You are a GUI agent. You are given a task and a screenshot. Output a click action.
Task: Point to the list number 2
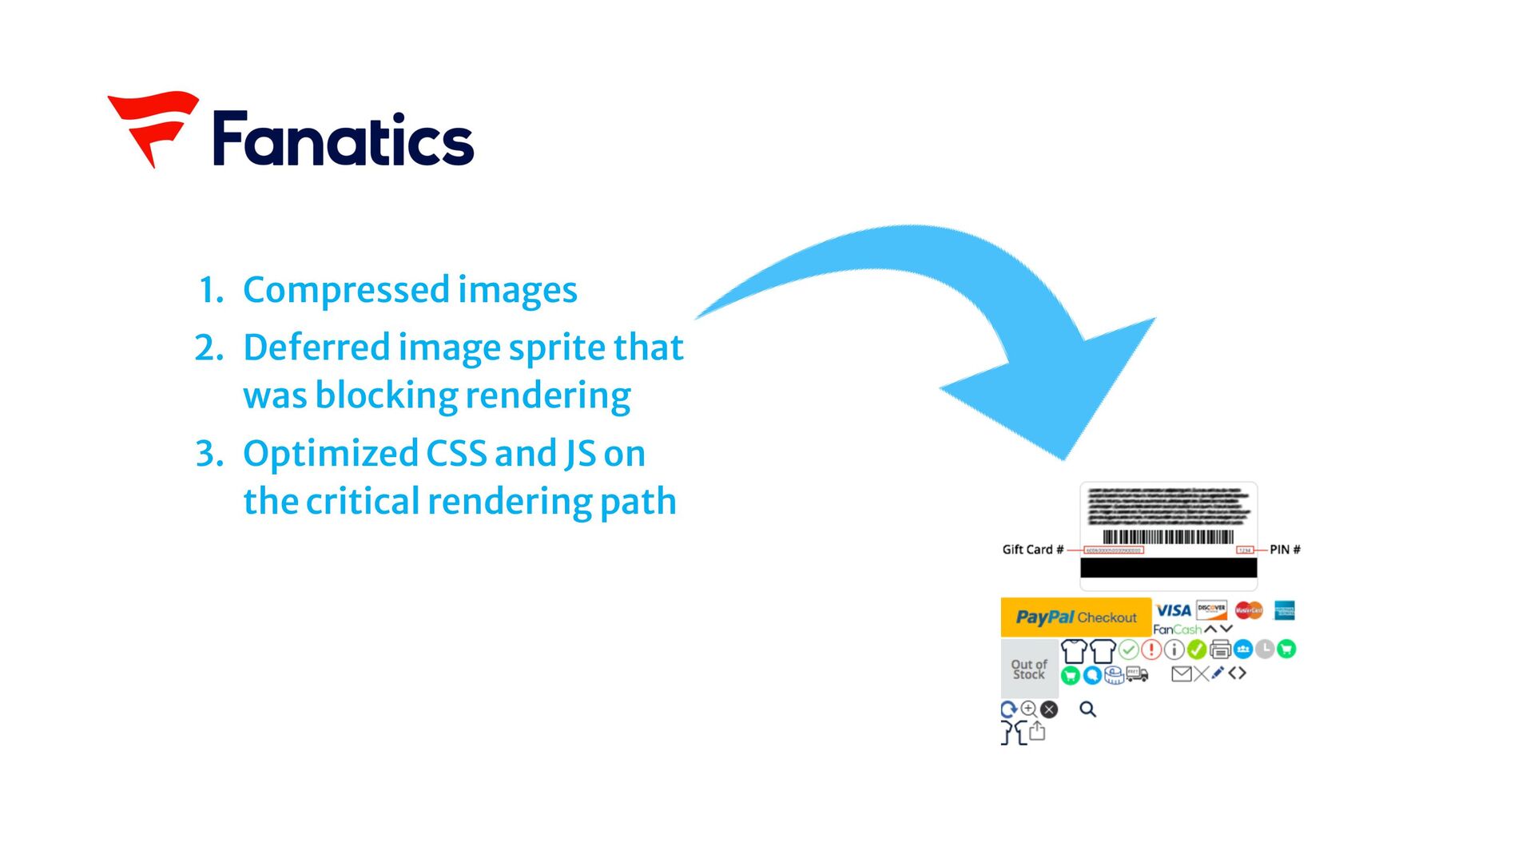coord(209,348)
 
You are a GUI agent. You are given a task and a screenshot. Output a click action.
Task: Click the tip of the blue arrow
coord(1064,457)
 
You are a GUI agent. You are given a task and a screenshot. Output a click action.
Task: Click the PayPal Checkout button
coord(1075,617)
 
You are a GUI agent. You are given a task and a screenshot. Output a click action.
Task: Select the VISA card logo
coord(1173,610)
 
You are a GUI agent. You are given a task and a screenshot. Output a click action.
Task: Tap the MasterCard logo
coord(1248,610)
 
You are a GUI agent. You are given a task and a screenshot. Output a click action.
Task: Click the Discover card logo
coord(1211,610)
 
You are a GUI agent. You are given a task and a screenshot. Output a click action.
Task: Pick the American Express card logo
coord(1285,610)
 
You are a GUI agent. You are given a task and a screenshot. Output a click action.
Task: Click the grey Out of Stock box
coord(1029,669)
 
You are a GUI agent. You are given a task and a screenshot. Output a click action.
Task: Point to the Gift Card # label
coord(1032,550)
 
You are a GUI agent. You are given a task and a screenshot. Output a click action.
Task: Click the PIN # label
coord(1285,550)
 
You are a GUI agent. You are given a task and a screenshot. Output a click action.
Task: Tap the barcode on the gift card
coord(1168,537)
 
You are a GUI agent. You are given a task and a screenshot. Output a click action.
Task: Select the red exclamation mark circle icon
coord(1151,649)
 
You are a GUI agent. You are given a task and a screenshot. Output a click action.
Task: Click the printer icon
coord(1220,649)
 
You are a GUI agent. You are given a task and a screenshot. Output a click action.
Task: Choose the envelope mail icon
coord(1181,674)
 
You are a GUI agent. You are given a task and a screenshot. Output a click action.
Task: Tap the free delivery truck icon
coord(1137,675)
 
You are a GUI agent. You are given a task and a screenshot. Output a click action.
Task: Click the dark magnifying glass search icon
coord(1087,709)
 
